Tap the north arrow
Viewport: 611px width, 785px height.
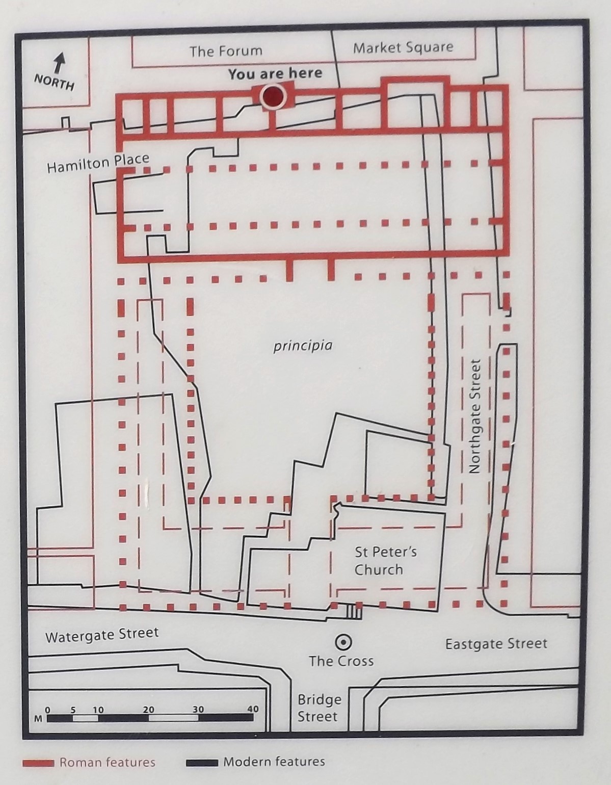point(60,63)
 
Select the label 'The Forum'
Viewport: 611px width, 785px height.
point(226,51)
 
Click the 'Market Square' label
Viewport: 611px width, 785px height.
point(403,48)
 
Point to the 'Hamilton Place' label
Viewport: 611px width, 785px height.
point(98,163)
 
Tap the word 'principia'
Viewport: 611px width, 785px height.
point(303,346)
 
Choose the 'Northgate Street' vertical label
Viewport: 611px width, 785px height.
point(475,416)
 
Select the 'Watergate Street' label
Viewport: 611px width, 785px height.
point(102,635)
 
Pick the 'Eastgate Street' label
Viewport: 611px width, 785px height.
point(496,644)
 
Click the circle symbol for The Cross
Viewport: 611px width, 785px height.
point(343,641)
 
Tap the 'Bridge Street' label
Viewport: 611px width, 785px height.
point(318,708)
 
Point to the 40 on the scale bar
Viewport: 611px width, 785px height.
point(253,709)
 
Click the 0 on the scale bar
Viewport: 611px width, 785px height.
point(48,710)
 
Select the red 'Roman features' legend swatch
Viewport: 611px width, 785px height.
point(38,763)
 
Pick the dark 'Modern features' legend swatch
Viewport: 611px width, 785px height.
point(202,763)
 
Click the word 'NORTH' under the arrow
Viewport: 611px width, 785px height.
point(54,82)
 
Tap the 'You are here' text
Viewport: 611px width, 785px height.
point(275,74)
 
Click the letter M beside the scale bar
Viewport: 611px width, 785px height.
point(38,719)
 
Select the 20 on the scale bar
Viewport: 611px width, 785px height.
point(148,709)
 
